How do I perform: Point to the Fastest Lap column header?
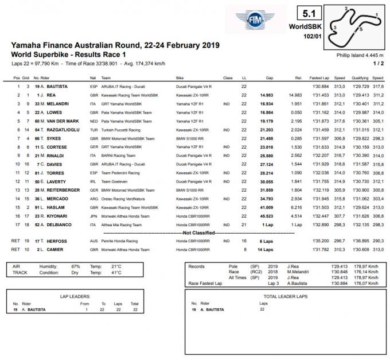coord(318,78)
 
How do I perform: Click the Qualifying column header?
coord(360,78)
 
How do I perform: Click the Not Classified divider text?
coord(198,233)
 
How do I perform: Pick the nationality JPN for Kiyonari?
coord(93,216)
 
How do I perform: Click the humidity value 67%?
coord(76,267)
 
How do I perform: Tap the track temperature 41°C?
coord(116,273)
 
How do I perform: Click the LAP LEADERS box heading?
coord(75,296)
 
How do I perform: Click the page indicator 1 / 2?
coord(379,63)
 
